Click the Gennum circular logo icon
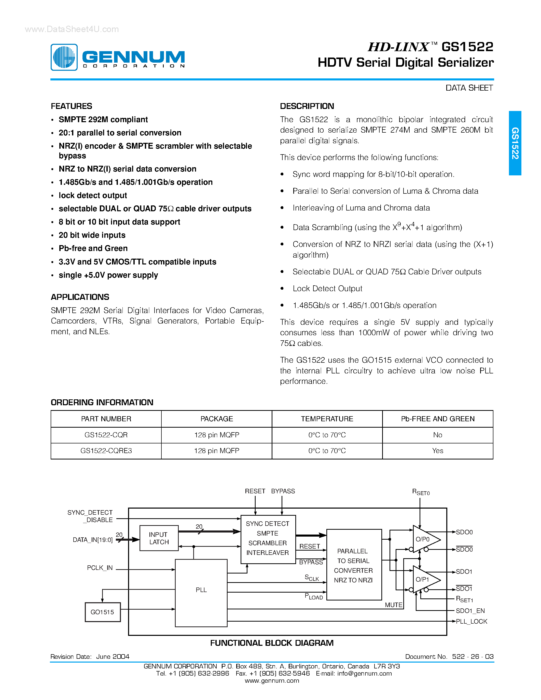point(64,57)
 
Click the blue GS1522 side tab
point(515,143)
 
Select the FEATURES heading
point(72,106)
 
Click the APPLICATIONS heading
point(80,297)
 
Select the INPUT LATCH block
point(159,538)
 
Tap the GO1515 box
point(103,612)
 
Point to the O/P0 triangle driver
point(425,539)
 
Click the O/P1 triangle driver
point(425,580)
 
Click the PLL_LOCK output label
point(471,622)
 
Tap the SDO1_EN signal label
point(470,611)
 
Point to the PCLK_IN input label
point(100,568)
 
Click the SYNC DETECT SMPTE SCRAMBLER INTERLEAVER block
point(268,538)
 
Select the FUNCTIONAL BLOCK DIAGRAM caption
point(272,643)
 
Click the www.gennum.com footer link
point(272,681)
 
